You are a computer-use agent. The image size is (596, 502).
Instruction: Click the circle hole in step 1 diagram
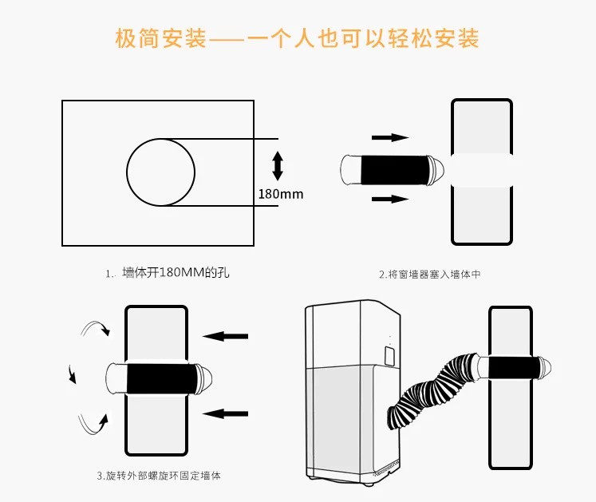pyautogui.click(x=161, y=171)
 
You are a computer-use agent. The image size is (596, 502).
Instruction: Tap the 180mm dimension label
pyautogui.click(x=281, y=193)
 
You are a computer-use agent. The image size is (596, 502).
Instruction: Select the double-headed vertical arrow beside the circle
pyautogui.click(x=278, y=165)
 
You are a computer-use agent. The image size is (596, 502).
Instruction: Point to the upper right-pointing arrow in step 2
pyautogui.click(x=390, y=137)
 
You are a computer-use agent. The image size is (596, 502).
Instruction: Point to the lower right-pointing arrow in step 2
pyautogui.click(x=390, y=199)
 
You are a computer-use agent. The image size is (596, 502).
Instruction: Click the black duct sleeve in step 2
pyautogui.click(x=385, y=168)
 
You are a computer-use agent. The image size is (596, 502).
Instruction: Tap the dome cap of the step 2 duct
pyautogui.click(x=437, y=168)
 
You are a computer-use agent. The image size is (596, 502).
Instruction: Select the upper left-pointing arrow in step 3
pyautogui.click(x=226, y=337)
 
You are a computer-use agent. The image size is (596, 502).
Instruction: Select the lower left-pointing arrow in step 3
pyautogui.click(x=226, y=413)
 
